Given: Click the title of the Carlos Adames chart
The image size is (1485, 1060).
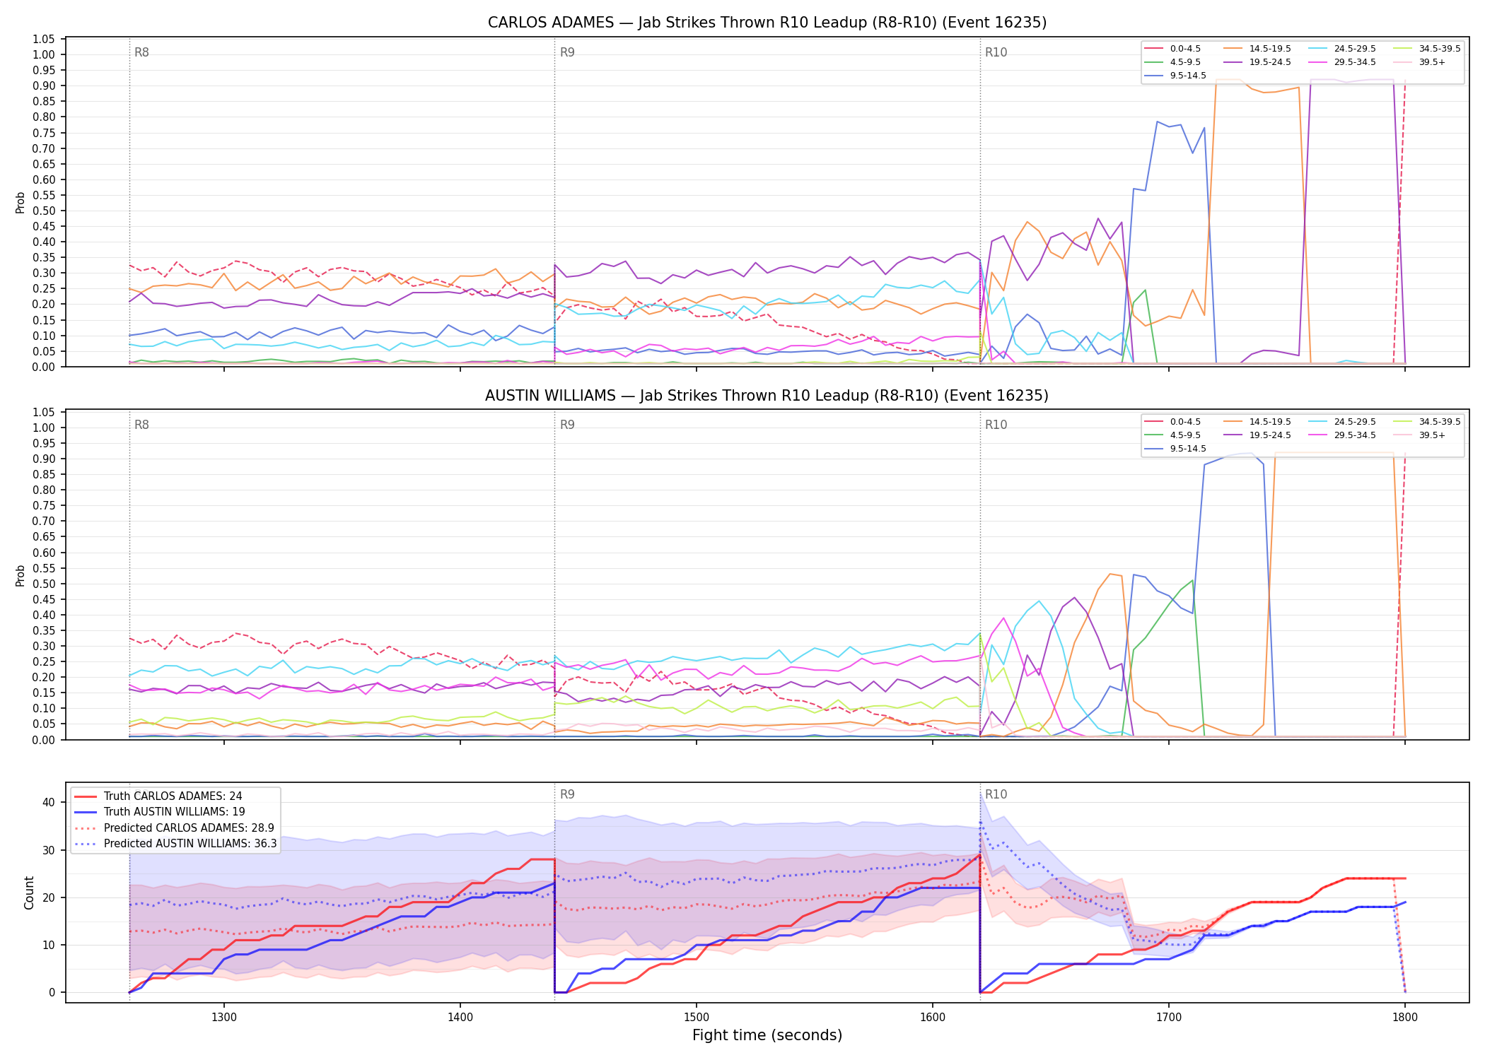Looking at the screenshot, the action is coord(767,23).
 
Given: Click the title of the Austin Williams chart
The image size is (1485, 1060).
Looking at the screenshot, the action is coord(767,396).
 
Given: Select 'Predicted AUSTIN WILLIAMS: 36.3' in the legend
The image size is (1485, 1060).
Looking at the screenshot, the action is coord(175,844).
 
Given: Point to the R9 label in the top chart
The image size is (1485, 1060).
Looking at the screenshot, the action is coord(567,52).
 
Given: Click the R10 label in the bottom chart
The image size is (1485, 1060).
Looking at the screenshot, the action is coord(996,794).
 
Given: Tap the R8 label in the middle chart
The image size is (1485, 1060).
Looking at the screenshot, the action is coord(141,425).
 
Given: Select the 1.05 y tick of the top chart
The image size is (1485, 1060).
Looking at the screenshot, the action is coord(44,39).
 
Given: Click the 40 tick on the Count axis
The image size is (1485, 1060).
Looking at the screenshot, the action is coord(49,802).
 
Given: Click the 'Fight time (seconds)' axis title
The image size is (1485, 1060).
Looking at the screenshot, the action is coord(767,1035).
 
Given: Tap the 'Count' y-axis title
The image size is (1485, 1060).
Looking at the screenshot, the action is coord(29,893).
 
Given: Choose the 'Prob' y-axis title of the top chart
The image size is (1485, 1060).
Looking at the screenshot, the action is coord(21,202).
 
